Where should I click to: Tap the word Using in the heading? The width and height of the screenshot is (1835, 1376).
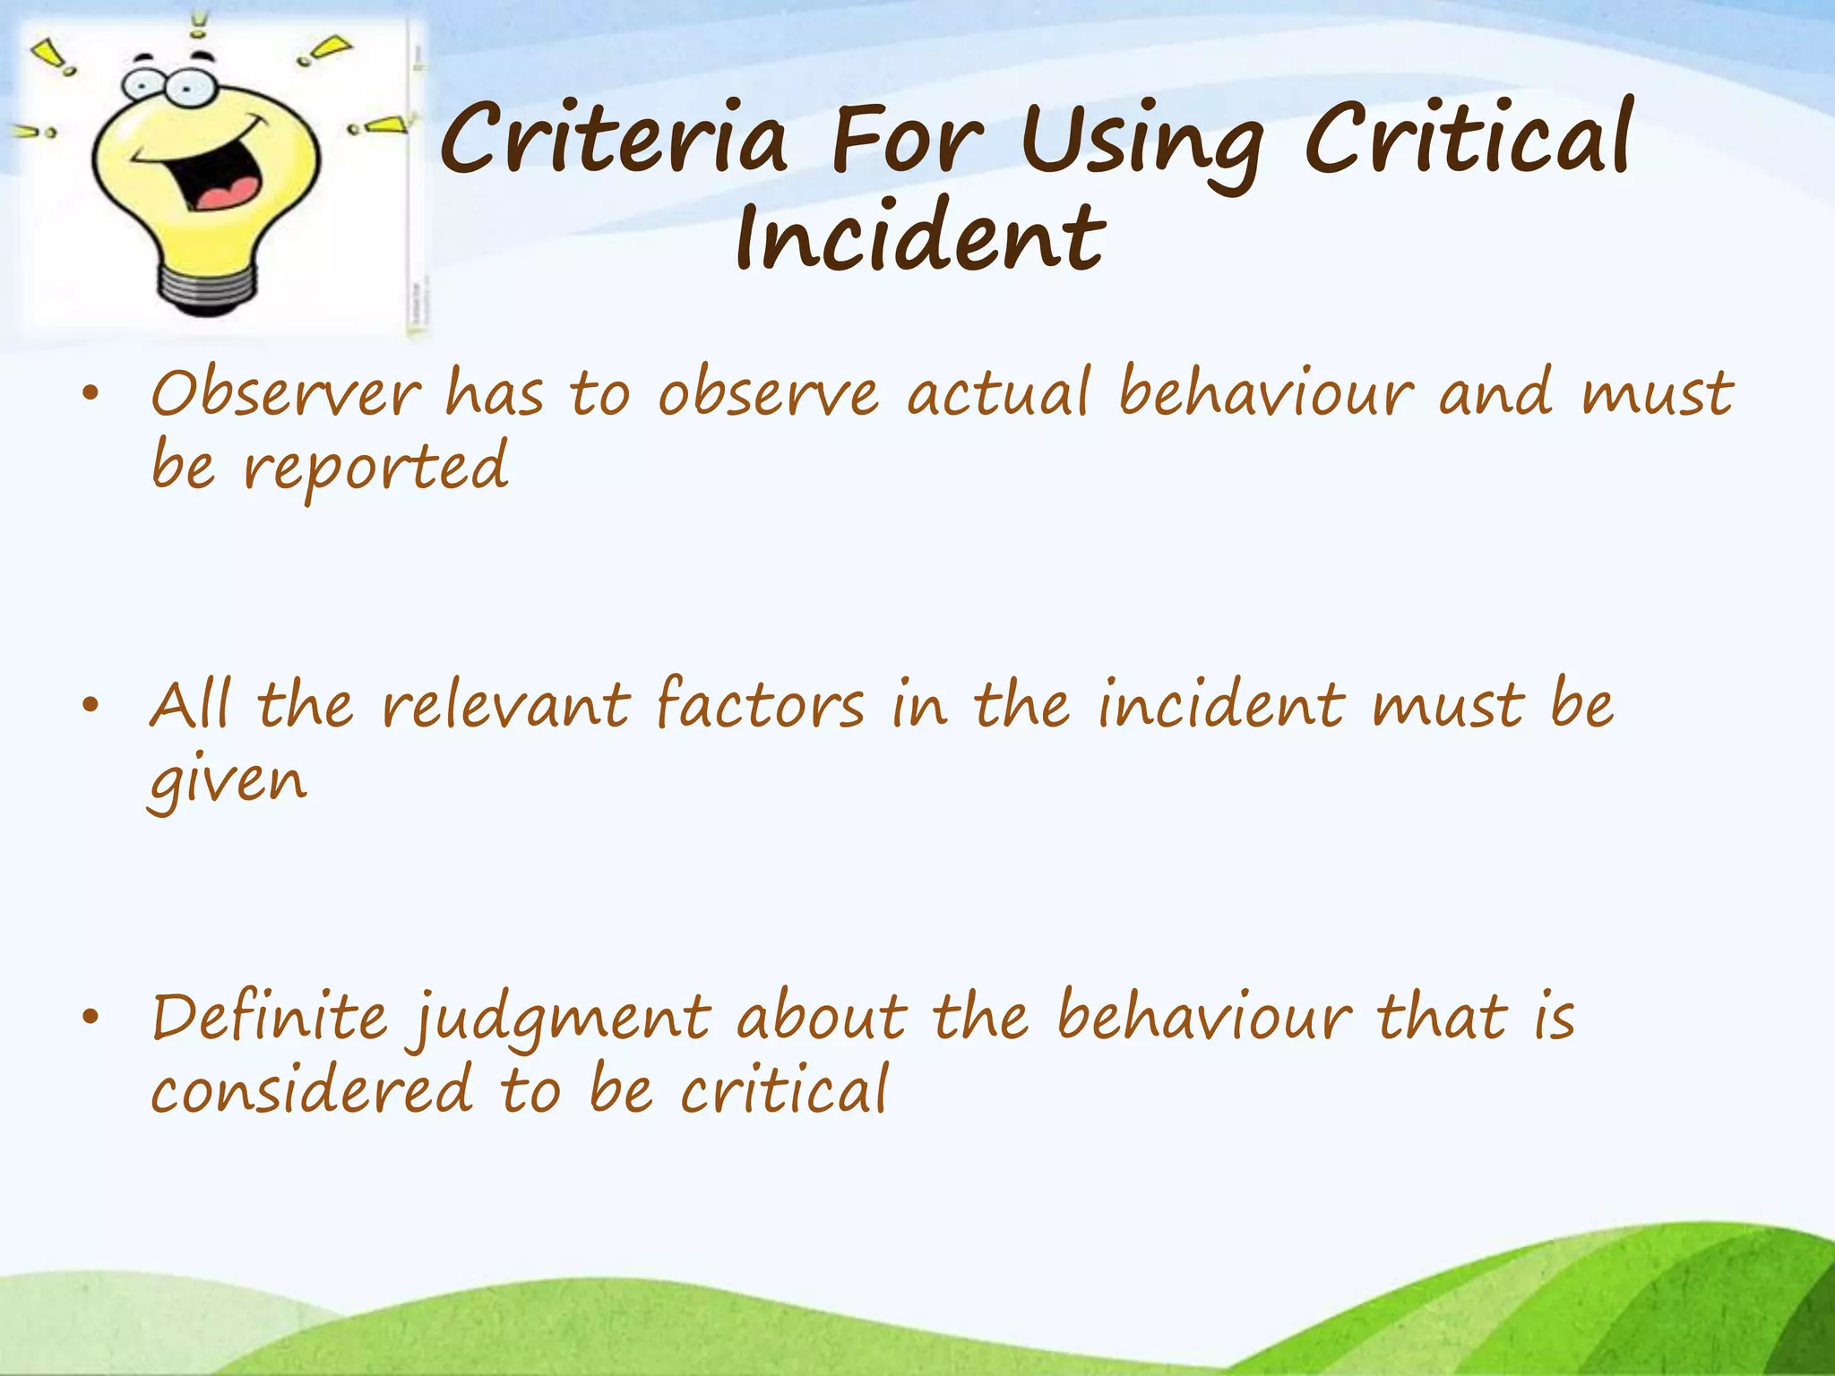tap(1142, 143)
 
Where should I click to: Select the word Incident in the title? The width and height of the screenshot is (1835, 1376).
tap(920, 236)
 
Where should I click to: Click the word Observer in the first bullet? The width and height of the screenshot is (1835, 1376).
tap(285, 393)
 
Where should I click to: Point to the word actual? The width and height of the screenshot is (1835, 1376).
tap(998, 393)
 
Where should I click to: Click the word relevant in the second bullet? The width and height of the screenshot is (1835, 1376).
tap(505, 705)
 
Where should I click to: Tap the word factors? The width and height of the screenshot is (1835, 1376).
tap(760, 705)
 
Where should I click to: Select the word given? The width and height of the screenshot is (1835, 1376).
tap(228, 782)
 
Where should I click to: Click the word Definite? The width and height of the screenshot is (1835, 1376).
tap(270, 1018)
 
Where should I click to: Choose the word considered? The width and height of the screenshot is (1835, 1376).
tap(311, 1091)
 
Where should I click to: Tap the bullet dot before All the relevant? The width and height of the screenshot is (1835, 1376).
tap(89, 707)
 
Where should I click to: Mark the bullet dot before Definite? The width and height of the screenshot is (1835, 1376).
tap(89, 1019)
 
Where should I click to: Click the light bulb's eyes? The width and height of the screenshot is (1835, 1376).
tap(166, 85)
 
